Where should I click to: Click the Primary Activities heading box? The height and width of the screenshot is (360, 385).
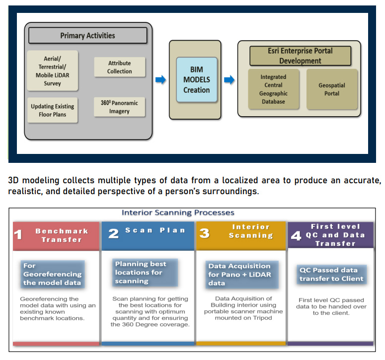click(87, 36)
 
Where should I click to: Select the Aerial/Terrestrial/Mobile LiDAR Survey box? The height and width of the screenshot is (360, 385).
click(52, 71)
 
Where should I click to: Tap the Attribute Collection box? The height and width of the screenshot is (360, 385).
click(120, 68)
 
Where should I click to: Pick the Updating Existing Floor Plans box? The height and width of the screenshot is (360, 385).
click(52, 110)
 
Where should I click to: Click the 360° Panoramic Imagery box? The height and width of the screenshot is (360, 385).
click(120, 107)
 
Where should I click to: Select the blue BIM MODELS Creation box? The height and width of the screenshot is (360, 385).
click(197, 80)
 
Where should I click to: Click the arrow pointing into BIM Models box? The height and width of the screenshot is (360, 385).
click(160, 79)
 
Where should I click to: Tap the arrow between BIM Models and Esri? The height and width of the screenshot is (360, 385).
click(230, 79)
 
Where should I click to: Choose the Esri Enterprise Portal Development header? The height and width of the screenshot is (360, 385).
click(300, 56)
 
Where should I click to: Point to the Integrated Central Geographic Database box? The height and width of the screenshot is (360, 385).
click(273, 89)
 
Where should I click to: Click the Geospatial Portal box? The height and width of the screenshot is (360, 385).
click(332, 89)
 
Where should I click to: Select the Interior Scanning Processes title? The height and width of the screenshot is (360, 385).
click(178, 213)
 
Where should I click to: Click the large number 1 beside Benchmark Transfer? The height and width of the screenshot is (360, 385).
click(18, 234)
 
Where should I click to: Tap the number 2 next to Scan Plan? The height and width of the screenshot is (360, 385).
click(113, 233)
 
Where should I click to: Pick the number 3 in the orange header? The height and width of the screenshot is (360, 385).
click(204, 233)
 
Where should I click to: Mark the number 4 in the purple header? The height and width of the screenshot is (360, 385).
click(296, 236)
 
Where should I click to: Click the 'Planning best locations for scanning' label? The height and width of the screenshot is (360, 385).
click(146, 272)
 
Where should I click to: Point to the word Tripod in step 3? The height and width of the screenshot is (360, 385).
click(261, 318)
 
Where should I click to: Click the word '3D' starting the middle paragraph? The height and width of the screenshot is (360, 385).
click(14, 181)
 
